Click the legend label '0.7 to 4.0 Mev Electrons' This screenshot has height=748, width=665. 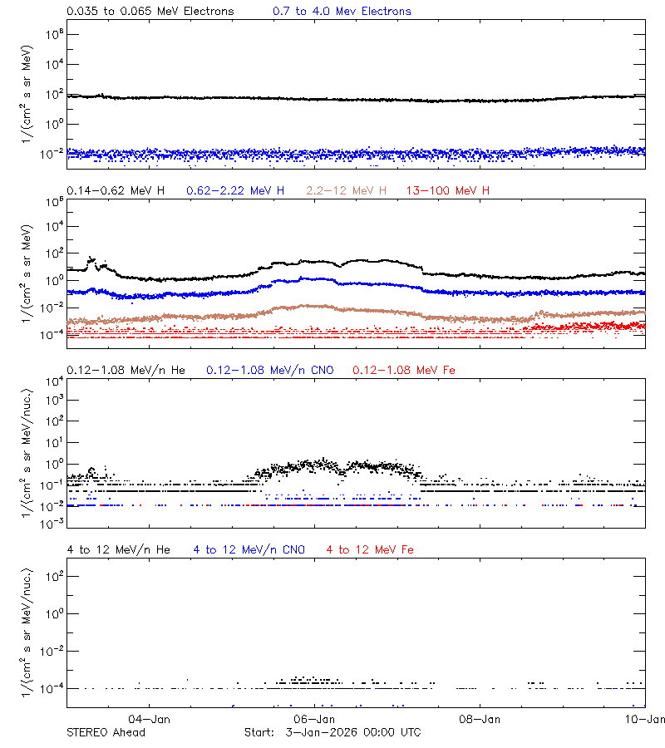tap(342, 12)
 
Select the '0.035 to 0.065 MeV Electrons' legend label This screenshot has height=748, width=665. tap(150, 12)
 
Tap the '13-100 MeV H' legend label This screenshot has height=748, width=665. tap(448, 191)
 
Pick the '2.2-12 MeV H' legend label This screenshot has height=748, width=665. tap(347, 191)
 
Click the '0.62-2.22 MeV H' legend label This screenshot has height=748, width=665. tap(235, 191)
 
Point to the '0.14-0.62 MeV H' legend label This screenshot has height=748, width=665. tap(116, 191)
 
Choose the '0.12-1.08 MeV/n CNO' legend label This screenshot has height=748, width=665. tap(270, 370)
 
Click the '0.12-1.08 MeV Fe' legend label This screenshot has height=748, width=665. tap(404, 370)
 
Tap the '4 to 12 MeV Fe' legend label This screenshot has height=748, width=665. tap(371, 549)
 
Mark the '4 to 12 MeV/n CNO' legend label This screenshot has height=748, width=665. tap(249, 549)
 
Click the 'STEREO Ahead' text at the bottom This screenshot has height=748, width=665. tap(106, 732)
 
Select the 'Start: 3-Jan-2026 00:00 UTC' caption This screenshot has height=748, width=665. tap(332, 732)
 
